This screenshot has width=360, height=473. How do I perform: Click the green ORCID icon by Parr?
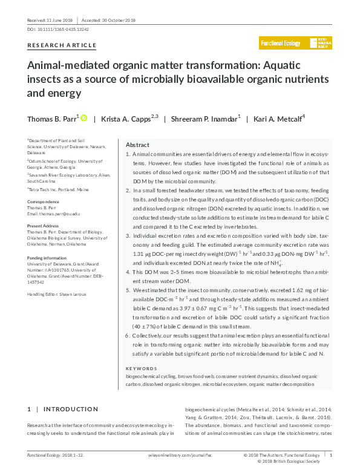pos(83,118)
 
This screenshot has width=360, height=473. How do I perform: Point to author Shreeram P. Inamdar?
pos(208,119)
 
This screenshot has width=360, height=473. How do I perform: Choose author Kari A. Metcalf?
pos(278,119)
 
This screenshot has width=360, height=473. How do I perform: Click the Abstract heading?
pos(137,145)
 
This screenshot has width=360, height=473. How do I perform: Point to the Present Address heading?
pos(45,225)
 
